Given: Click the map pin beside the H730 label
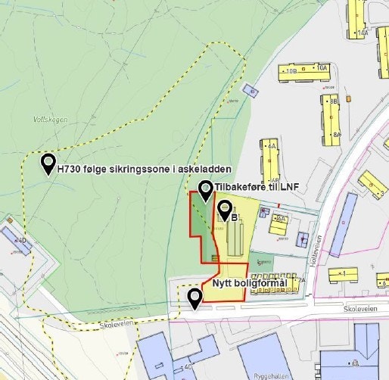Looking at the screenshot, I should [x=48, y=161].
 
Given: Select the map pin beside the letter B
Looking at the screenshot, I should [x=225, y=208].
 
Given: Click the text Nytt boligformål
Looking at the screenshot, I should [x=249, y=284].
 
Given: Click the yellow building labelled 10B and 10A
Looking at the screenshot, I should [x=302, y=73].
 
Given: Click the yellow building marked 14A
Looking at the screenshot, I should [x=356, y=19].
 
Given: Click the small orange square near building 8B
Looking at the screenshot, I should [x=348, y=98].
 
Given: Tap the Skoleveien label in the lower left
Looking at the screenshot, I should [x=117, y=324].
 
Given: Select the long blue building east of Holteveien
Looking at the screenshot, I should [x=342, y=225].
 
